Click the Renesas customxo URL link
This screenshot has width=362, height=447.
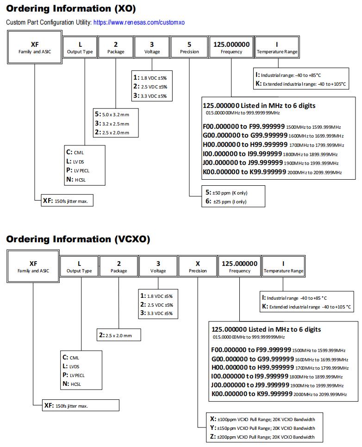click(x=139, y=22)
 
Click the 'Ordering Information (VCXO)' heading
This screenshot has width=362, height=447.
click(x=78, y=239)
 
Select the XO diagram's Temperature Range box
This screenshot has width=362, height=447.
click(x=277, y=47)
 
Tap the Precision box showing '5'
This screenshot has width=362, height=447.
click(x=189, y=47)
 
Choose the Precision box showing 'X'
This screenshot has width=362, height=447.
click(x=198, y=266)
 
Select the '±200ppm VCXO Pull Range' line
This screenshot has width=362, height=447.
click(x=262, y=437)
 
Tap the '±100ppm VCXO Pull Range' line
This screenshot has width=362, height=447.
click(x=262, y=419)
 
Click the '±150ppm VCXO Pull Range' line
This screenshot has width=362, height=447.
click(x=262, y=428)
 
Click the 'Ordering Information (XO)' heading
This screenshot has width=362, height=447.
click(x=70, y=9)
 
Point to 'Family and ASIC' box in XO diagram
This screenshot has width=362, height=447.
click(x=34, y=47)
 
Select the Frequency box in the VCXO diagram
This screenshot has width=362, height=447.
click(x=239, y=266)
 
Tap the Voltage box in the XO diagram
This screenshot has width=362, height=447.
click(x=152, y=47)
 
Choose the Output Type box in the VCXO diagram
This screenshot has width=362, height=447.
click(x=79, y=266)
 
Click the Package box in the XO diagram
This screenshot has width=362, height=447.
click(x=116, y=47)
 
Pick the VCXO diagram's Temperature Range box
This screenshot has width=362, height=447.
click(x=283, y=266)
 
